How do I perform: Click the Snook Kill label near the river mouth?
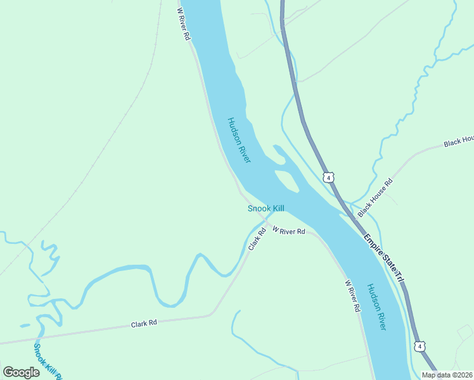(266, 208)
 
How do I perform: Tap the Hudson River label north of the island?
(240, 140)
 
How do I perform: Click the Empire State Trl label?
(384, 258)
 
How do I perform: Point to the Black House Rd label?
(375, 198)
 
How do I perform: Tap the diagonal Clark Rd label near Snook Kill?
(257, 238)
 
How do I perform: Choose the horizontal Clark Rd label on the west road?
(144, 324)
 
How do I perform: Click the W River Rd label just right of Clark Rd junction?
(289, 231)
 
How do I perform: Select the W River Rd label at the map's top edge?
(183, 24)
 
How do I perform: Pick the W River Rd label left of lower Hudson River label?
(352, 296)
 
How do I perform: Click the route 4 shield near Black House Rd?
(328, 176)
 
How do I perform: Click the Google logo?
(22, 372)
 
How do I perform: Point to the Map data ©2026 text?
(446, 375)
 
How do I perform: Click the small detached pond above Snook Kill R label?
(25, 326)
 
